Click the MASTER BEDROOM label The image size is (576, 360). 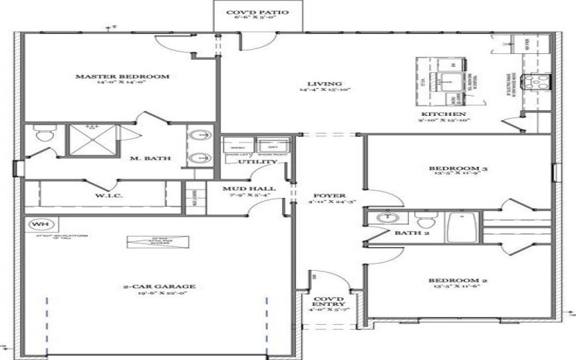tap(122, 76)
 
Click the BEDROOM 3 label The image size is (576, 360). tap(454, 169)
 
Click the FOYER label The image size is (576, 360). tap(329, 196)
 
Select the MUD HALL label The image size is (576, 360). tap(240, 187)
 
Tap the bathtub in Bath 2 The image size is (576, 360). tap(460, 228)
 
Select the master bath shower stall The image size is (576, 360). tap(92, 138)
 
